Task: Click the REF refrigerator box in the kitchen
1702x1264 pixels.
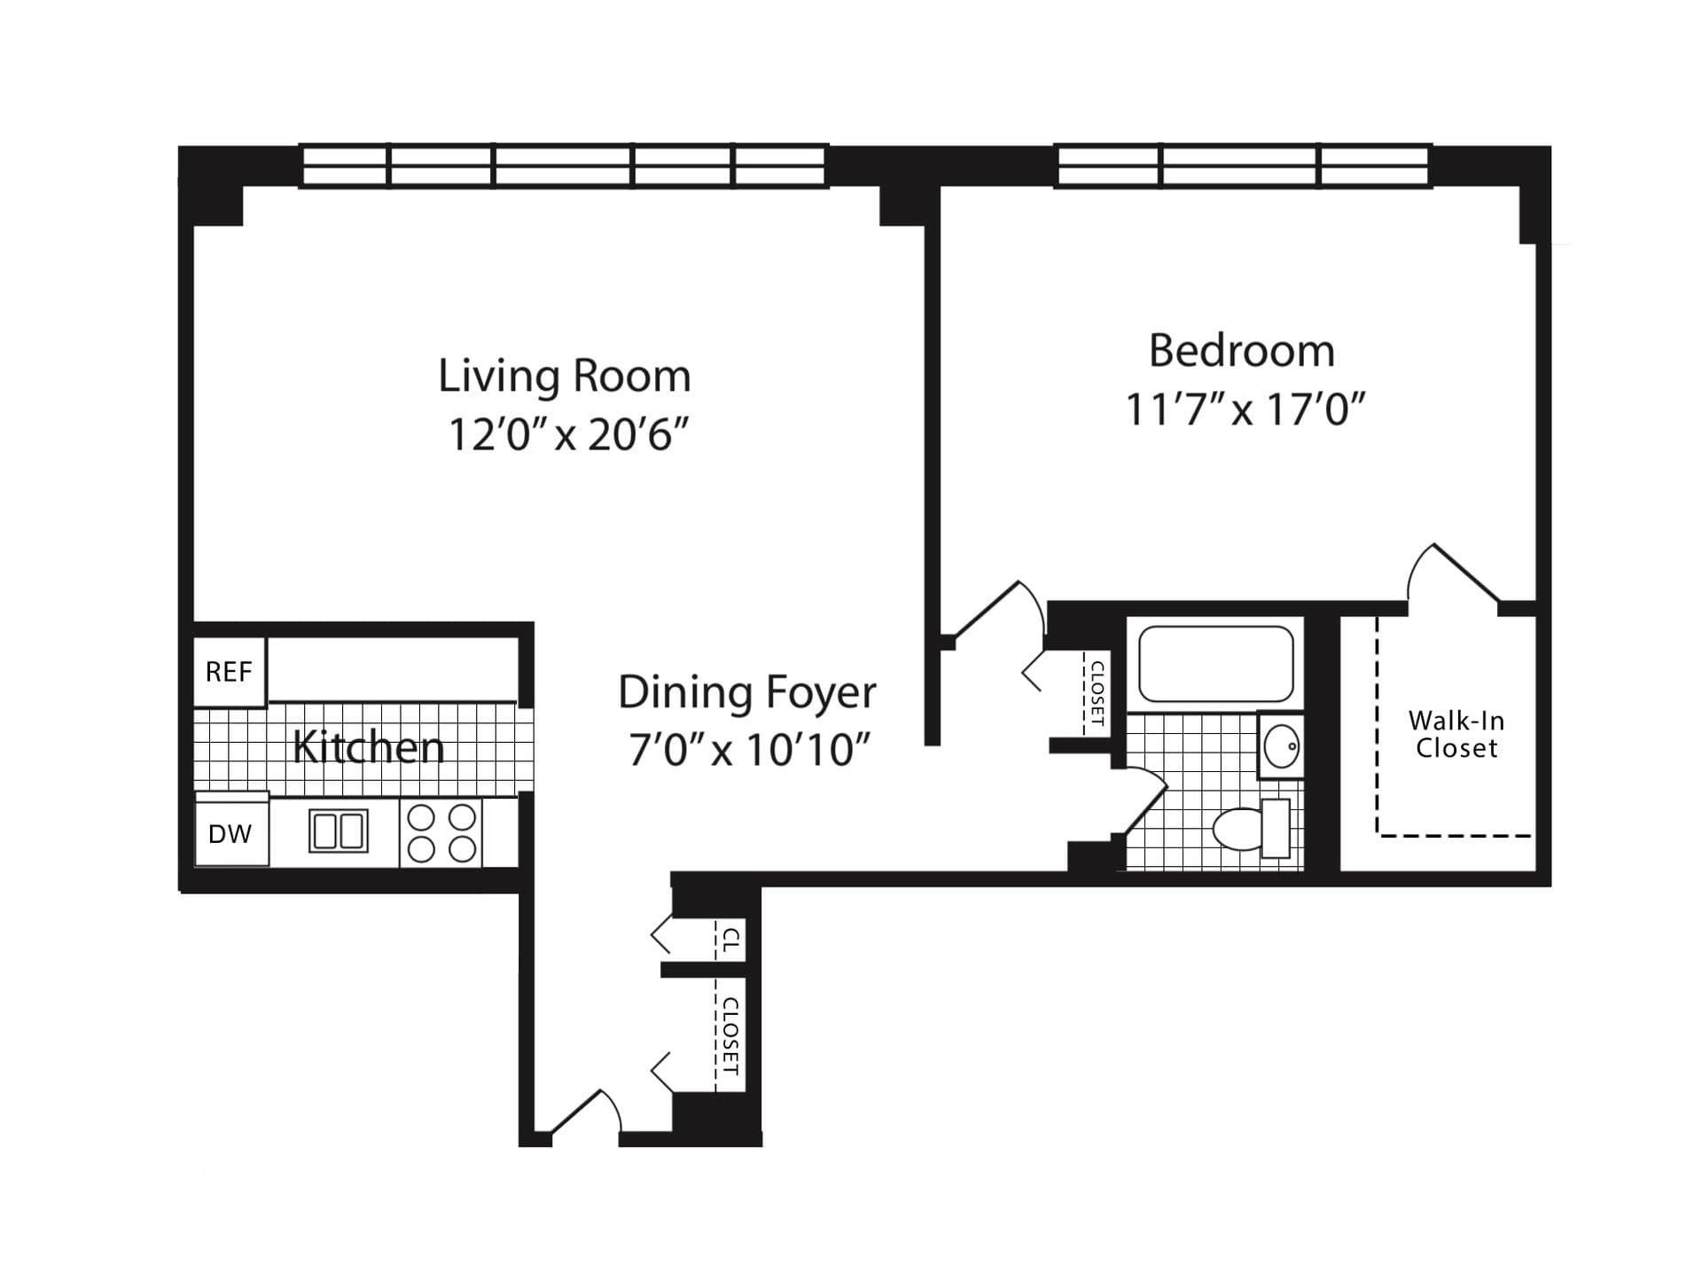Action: tap(229, 672)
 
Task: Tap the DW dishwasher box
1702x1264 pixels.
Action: tap(230, 834)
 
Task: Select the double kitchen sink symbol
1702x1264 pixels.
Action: tap(338, 831)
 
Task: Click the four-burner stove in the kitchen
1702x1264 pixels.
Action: tap(441, 832)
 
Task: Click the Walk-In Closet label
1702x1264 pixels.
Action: tap(1456, 734)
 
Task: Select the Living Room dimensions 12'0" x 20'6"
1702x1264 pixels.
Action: tap(568, 434)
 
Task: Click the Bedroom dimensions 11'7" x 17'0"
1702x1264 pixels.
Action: tap(1245, 410)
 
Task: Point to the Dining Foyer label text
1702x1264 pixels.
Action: tap(746, 692)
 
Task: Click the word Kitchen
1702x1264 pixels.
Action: tap(368, 747)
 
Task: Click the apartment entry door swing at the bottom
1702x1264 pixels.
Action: tap(585, 1114)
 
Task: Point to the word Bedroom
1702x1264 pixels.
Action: tap(1241, 351)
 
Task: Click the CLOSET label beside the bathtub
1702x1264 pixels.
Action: tap(1097, 693)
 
